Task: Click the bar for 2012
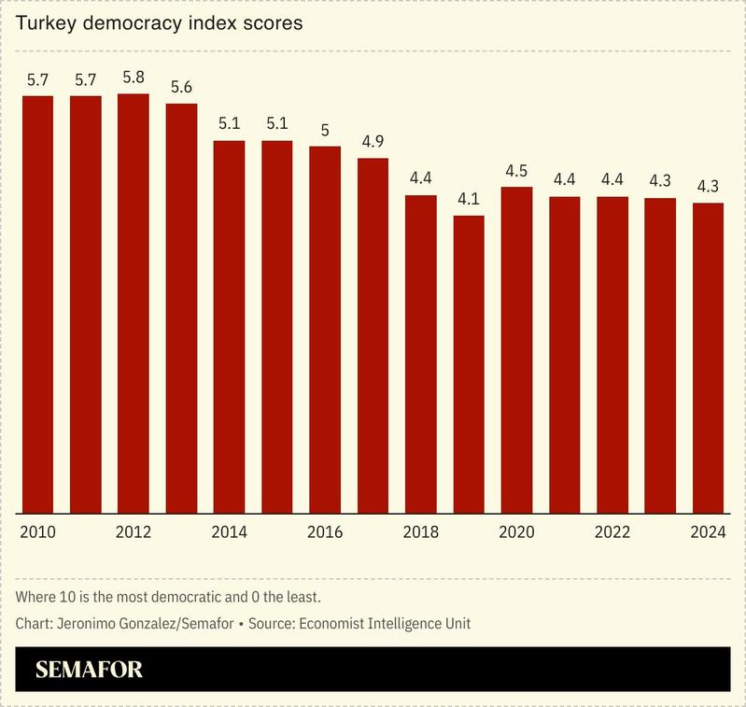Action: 134,304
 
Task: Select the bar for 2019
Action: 468,364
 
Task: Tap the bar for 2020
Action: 516,350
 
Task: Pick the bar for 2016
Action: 325,330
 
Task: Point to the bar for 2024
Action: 708,358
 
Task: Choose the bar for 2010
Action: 37,304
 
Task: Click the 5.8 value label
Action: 134,78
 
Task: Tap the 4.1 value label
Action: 468,199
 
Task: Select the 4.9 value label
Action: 373,142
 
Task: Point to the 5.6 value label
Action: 181,87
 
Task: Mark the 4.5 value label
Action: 516,171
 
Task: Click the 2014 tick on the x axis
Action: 230,532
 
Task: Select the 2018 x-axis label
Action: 420,532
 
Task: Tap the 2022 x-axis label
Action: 612,532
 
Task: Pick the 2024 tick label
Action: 708,532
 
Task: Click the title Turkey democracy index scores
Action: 159,23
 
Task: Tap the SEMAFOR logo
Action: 89,670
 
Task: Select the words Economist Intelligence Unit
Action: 392,622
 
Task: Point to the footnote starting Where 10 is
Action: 168,596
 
